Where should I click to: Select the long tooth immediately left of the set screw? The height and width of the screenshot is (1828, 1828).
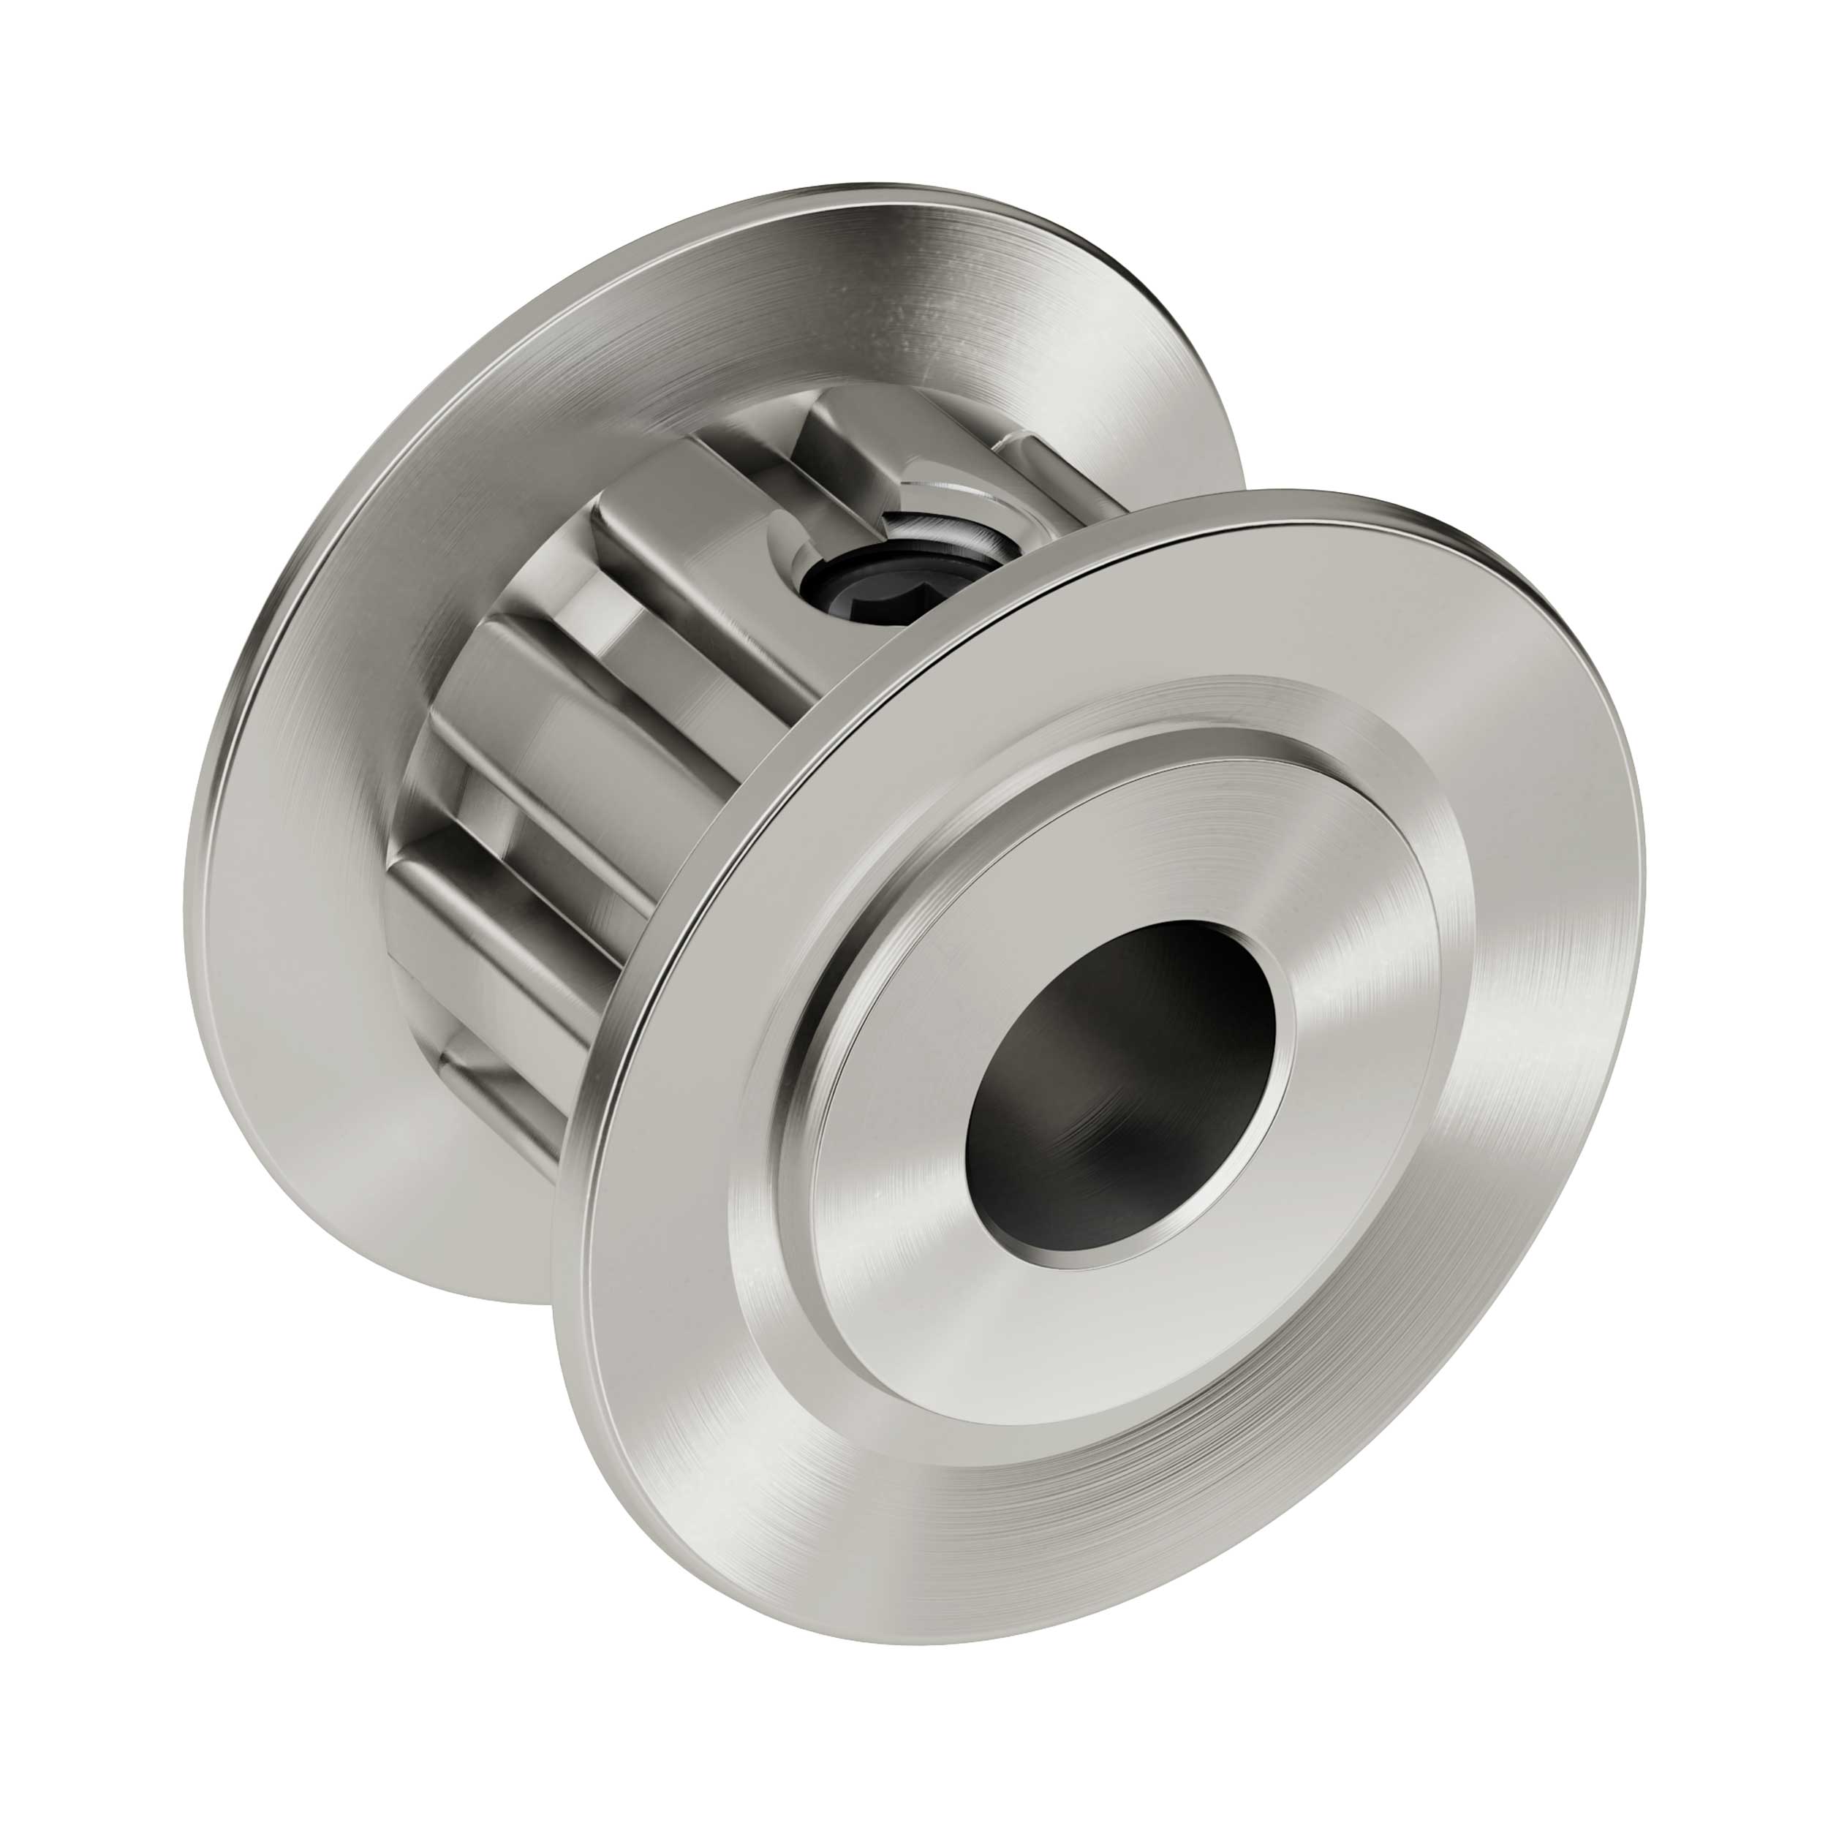coord(700,586)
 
